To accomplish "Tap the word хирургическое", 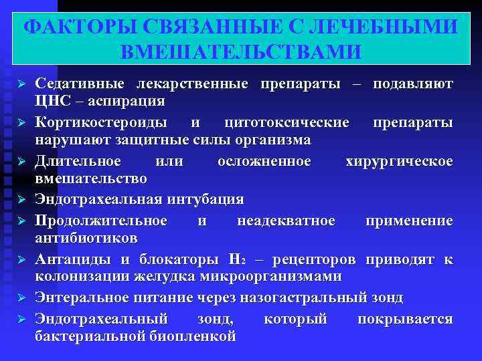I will (399, 162).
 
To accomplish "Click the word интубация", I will (200, 199).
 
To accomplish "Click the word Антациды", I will (66, 259).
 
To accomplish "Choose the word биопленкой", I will (193, 336).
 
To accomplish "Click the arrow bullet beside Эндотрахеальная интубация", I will (21, 200).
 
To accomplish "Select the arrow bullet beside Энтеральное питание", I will (21, 298).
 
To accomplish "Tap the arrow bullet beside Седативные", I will (21, 86).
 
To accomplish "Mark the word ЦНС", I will (50, 101).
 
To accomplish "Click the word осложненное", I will (264, 162).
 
